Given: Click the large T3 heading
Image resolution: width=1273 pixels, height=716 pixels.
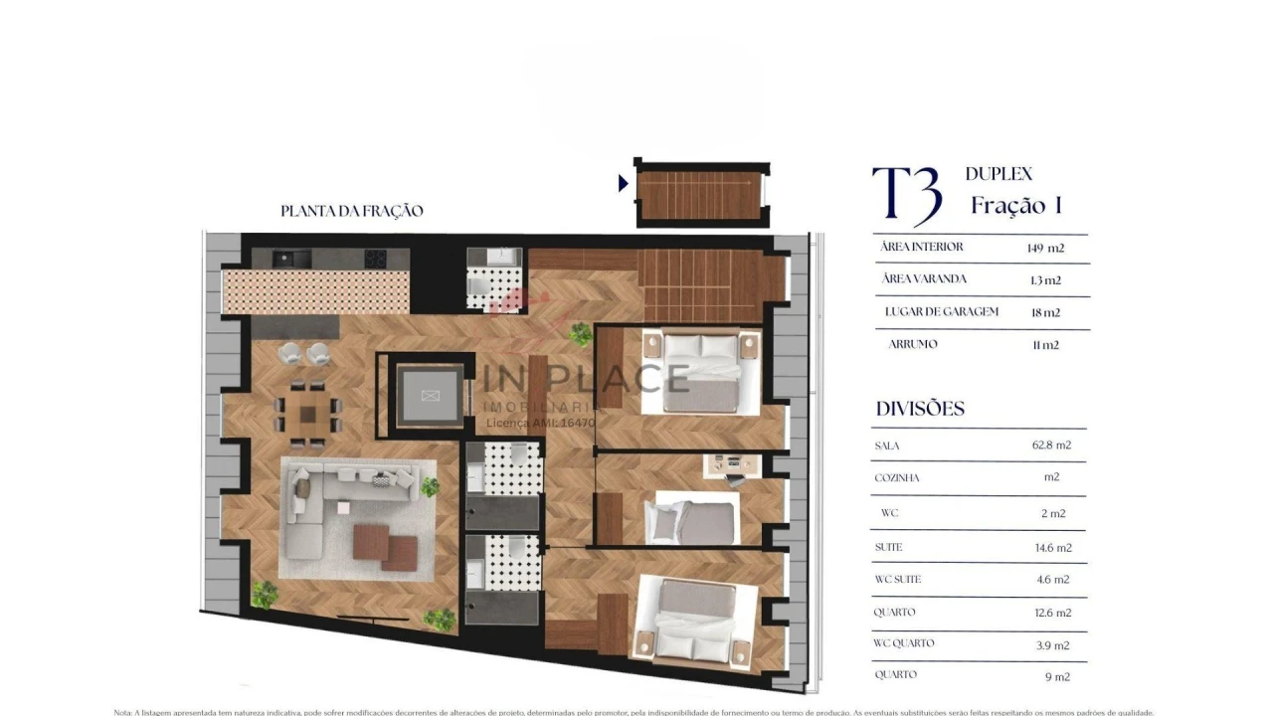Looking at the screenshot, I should [906, 196].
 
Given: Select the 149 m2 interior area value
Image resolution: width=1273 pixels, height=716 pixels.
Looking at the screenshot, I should [1043, 248].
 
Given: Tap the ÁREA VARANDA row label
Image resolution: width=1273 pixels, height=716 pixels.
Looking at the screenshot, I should [923, 279].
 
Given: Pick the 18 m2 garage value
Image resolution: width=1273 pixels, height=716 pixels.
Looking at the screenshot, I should [1044, 312].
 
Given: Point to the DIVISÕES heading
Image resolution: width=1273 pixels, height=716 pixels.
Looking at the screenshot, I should [920, 409].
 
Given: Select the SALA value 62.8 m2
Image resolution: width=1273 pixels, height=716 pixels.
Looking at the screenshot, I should [1051, 446].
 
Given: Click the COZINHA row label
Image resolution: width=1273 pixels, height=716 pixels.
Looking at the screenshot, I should [896, 478].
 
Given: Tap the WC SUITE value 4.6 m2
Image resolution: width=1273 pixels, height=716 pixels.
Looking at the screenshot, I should [1052, 580].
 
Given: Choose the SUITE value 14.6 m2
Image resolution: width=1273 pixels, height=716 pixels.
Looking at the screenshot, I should [1051, 547].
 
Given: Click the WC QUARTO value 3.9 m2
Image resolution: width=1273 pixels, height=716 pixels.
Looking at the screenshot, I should [1052, 645].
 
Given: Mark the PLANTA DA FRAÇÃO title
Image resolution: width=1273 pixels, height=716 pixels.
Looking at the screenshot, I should [352, 211].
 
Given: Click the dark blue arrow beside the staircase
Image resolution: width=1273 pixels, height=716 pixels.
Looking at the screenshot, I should [624, 183].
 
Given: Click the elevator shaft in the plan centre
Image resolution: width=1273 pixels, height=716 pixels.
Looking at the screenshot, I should [430, 396].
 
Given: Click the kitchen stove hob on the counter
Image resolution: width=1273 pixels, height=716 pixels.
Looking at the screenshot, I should [376, 259].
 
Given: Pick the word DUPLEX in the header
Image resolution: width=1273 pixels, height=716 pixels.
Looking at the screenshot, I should [999, 174].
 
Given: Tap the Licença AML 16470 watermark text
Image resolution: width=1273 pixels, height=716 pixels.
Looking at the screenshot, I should [540, 423].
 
